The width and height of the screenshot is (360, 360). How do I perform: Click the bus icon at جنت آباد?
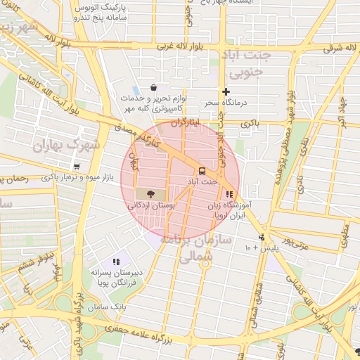(x=202, y=171)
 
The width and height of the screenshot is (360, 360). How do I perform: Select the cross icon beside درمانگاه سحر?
(x=226, y=91)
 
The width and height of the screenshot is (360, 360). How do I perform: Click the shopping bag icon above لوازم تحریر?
(x=153, y=87)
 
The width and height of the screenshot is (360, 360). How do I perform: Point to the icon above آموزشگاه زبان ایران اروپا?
(x=229, y=194)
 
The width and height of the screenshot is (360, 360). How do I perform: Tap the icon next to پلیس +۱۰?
(x=262, y=238)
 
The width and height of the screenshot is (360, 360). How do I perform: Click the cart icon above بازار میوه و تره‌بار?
(x=76, y=167)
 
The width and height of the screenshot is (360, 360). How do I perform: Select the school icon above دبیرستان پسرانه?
(x=116, y=262)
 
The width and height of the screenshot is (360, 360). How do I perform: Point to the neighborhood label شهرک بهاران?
(x=68, y=144)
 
